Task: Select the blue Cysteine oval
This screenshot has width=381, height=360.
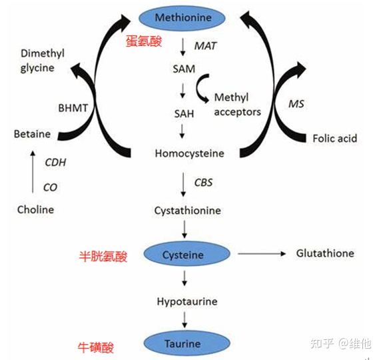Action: coord(183,255)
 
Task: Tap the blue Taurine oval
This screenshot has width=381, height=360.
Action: coord(183,344)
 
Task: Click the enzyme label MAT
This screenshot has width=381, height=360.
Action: coord(205,45)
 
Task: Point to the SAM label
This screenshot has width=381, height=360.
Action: coord(183,69)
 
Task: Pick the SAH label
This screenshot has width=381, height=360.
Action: coord(183,113)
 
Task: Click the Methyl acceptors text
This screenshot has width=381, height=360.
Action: coord(237,105)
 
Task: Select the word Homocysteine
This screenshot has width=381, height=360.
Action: coord(189,153)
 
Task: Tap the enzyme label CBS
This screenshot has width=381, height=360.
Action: coord(203,182)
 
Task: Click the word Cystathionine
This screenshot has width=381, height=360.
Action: coord(187,211)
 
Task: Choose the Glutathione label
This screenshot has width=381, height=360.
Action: coord(325,253)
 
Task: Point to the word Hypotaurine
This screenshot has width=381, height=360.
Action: coord(187,301)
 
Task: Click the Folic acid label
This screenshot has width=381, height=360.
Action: coord(334,139)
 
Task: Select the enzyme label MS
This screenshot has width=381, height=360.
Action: coord(296,104)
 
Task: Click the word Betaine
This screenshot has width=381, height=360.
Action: coord(32,134)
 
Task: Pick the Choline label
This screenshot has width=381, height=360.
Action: coord(35,209)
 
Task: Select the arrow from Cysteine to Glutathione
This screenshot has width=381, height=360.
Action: coord(261,254)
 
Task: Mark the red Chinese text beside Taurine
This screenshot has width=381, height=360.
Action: coord(95,347)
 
